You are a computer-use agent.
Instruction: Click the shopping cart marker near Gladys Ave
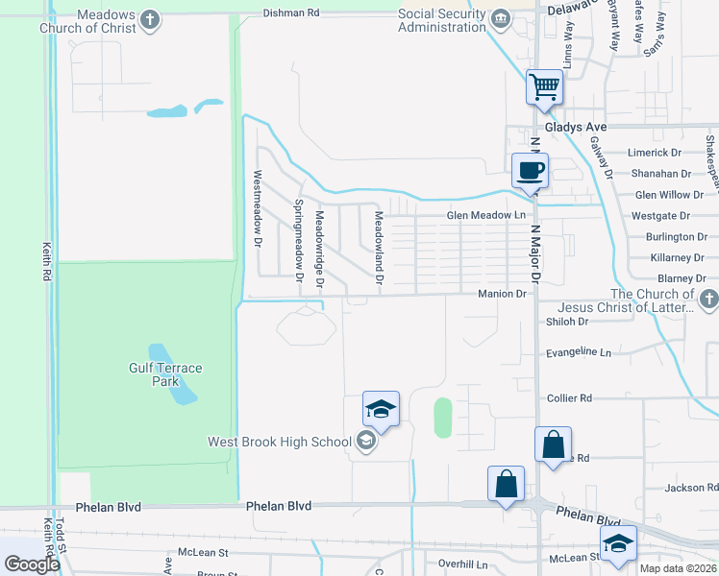pos(545,88)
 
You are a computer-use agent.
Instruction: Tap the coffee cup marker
pos(531,171)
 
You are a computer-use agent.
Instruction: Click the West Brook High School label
pos(278,442)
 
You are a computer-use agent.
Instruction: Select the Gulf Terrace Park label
pos(166,374)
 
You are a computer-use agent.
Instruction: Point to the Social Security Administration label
pos(442,19)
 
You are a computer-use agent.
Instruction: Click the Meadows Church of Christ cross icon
pos(150,19)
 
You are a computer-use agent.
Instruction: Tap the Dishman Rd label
pos(292,13)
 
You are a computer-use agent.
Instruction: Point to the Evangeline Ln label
pos(578,353)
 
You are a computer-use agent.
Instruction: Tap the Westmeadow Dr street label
pos(258,208)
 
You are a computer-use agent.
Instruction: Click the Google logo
pos(31,564)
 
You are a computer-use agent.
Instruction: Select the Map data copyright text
pos(678,568)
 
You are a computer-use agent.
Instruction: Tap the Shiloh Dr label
pos(566,322)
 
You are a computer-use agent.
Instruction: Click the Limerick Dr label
pos(654,153)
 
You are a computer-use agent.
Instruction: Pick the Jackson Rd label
pos(684,488)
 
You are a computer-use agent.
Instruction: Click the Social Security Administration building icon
pos(501,19)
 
